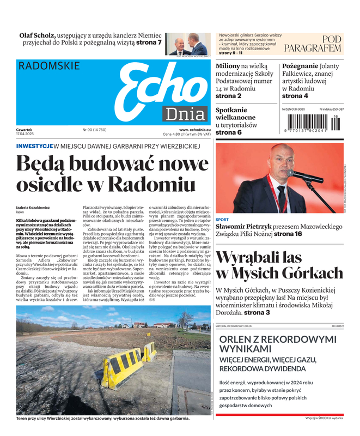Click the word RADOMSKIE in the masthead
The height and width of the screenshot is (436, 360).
(x=49, y=66)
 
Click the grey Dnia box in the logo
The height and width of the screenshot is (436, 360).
(x=186, y=114)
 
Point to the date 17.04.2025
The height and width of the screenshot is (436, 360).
(x=27, y=134)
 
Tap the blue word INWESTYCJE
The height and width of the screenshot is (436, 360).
(x=34, y=146)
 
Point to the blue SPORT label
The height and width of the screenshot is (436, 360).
(x=222, y=220)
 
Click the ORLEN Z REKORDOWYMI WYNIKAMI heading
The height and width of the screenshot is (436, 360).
(x=277, y=343)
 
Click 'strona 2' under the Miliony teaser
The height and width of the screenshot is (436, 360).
(x=229, y=96)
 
